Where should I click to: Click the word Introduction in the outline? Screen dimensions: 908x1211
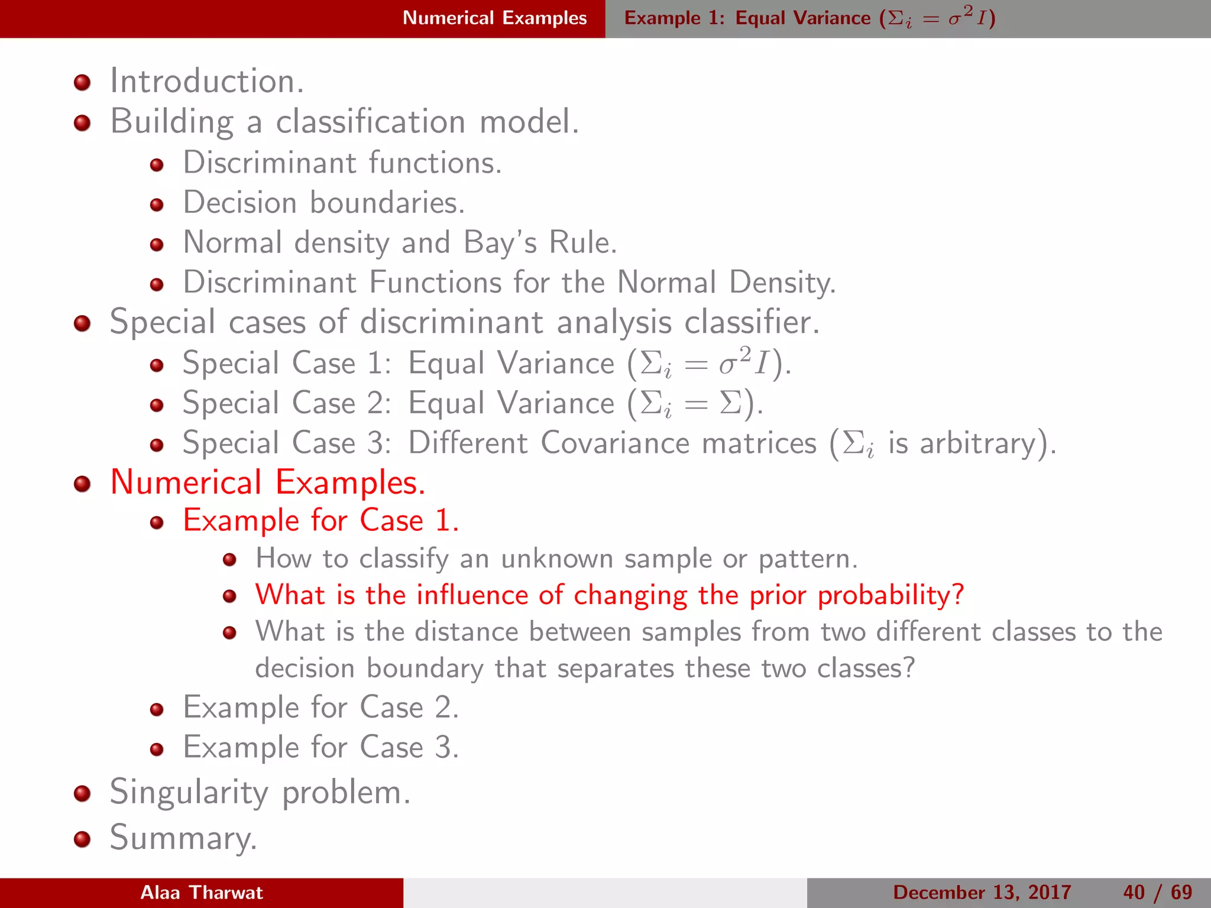[x=206, y=81]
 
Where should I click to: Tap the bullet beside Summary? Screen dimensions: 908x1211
[x=82, y=839]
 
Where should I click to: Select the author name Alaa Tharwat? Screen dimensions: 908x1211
[x=201, y=893]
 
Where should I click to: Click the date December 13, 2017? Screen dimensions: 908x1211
[x=982, y=893]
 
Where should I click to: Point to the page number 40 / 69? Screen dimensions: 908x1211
[x=1157, y=893]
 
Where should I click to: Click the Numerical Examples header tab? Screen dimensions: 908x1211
[x=494, y=18]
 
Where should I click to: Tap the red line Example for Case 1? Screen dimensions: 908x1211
[x=320, y=521]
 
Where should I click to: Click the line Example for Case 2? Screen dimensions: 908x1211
[x=320, y=708]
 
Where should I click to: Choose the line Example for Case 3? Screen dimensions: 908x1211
[x=320, y=747]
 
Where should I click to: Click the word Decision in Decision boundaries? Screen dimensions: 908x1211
[x=239, y=203]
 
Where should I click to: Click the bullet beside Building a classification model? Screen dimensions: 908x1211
[x=82, y=123]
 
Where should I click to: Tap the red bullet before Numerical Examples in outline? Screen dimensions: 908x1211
[x=82, y=484]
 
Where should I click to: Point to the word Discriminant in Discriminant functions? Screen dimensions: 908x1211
[x=269, y=163]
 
